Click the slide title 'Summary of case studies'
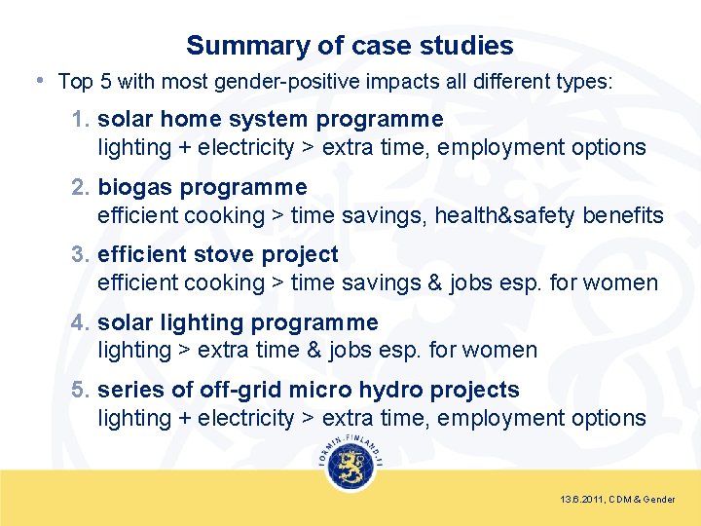pyautogui.click(x=350, y=45)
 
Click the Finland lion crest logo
pyautogui.click(x=350, y=468)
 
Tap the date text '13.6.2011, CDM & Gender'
pyautogui.click(x=617, y=500)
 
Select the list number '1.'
pyautogui.click(x=82, y=120)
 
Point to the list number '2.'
pyautogui.click(x=82, y=187)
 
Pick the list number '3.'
pyautogui.click(x=82, y=255)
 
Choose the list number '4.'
pyautogui.click(x=82, y=322)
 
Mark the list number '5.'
pyautogui.click(x=82, y=391)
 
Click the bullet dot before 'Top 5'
pyautogui.click(x=38, y=80)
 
